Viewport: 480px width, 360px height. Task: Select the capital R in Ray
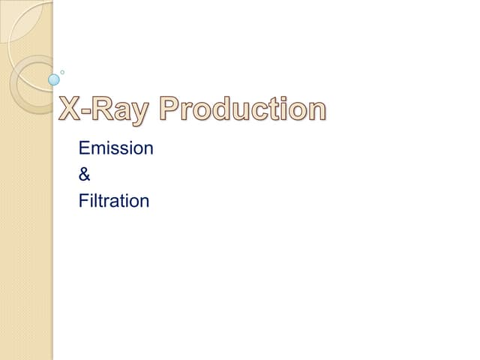click(109, 109)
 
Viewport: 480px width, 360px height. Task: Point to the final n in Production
click(318, 112)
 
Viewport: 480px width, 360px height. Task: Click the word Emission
click(115, 148)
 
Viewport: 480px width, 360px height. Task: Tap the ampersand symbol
click(84, 175)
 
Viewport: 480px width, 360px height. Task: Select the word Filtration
click(114, 201)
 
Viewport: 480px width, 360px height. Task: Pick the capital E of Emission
click(83, 148)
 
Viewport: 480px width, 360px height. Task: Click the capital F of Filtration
click(82, 201)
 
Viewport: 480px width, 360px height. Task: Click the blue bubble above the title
click(54, 79)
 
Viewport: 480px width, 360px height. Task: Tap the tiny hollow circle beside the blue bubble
click(62, 72)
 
